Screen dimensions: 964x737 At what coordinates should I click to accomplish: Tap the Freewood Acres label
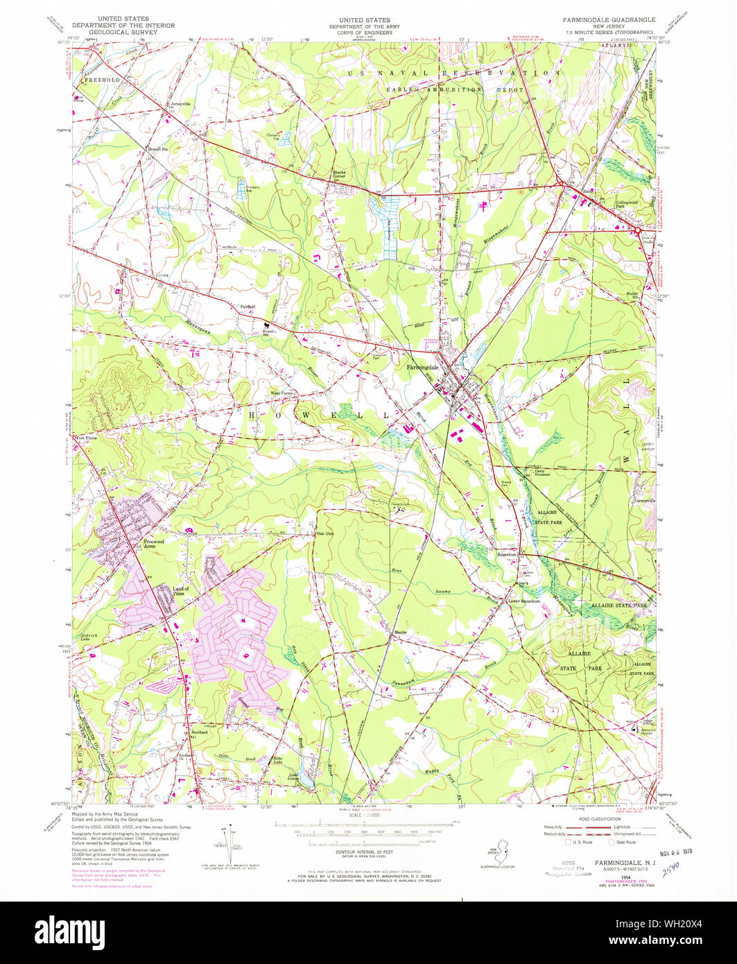click(153, 544)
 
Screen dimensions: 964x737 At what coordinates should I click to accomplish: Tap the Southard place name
click(200, 732)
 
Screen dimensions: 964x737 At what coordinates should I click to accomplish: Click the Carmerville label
click(643, 501)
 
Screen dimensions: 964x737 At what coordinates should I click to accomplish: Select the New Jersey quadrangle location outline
click(494, 853)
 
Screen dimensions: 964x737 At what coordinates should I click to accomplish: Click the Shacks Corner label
click(338, 174)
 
